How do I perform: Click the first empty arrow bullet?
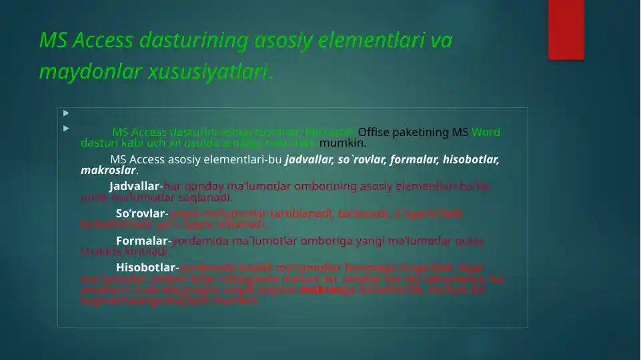(x=66, y=113)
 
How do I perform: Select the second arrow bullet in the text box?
(x=66, y=128)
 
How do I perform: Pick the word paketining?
(x=427, y=132)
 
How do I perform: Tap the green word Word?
(x=486, y=132)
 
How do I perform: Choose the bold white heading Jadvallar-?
(x=135, y=187)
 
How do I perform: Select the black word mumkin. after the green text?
(x=343, y=142)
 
